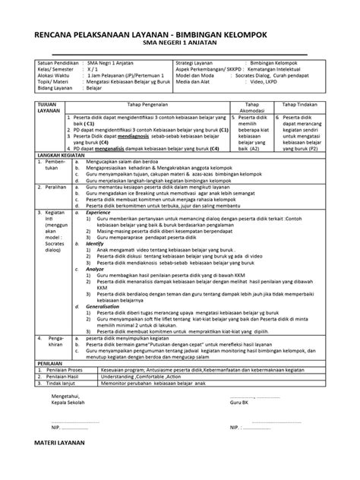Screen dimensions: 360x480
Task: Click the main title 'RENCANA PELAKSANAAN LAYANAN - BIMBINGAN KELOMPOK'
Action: coord(179,36)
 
